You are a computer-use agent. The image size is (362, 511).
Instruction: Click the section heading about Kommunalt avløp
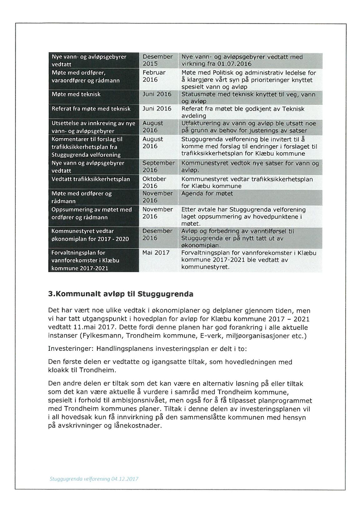click(120, 294)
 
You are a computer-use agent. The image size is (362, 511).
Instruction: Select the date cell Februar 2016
click(154, 76)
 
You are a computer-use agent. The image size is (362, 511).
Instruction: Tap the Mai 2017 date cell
click(156, 253)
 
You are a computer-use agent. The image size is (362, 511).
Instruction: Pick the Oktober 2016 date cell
click(154, 182)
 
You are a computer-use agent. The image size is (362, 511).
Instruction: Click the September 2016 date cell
click(158, 166)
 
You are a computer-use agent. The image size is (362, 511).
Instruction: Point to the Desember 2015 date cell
click(157, 60)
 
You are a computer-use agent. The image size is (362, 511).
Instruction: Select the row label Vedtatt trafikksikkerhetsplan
click(91, 179)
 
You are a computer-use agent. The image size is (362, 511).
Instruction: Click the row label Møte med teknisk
click(76, 94)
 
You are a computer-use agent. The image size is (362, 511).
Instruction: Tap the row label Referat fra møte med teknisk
click(91, 109)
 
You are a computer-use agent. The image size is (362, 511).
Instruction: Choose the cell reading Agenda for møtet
click(207, 194)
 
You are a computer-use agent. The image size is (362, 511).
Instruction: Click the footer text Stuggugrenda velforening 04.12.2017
click(94, 479)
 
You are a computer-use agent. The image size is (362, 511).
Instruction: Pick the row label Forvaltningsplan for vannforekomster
click(85, 260)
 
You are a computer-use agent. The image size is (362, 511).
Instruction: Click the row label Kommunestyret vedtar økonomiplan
click(90, 235)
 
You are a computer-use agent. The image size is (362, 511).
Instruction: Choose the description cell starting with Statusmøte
click(248, 97)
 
